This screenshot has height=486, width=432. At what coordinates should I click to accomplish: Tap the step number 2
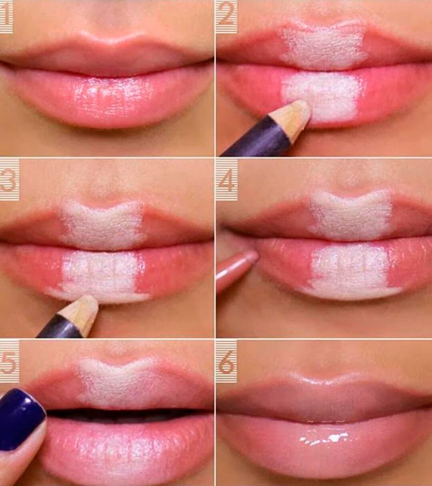(226, 16)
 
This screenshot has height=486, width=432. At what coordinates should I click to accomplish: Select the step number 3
(9, 180)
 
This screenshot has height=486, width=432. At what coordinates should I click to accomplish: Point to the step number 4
(227, 180)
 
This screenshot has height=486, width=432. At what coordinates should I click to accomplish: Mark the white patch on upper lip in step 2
(324, 46)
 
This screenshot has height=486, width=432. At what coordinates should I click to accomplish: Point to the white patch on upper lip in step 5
(120, 383)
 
